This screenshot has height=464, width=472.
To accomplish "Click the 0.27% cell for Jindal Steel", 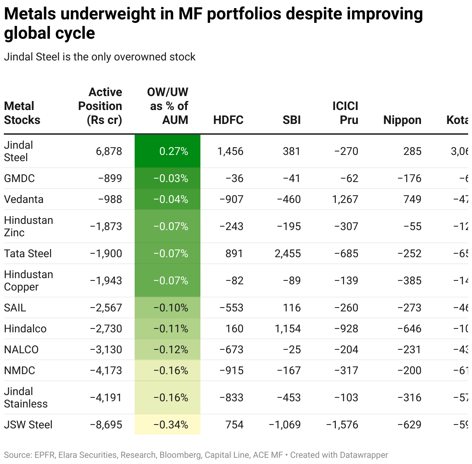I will coord(173,151).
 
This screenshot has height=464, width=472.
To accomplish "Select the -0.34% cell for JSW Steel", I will coord(171,424).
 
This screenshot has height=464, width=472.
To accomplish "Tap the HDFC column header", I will coord(228,120).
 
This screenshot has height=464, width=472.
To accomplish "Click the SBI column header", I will coord(291,120).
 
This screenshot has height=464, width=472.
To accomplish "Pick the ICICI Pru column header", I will coord(345,113).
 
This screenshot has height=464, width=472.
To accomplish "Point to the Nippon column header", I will coord(402,120).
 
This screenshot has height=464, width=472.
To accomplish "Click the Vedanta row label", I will coord(24,199).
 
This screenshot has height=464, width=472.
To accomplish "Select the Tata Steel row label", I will coord(28,253).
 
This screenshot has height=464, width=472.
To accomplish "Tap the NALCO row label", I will coord(21,349).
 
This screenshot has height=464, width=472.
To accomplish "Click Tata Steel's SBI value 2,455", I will coord(287,253).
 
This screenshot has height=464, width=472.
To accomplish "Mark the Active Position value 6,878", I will coord(109,151).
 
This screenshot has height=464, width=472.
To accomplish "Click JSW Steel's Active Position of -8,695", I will coord(106,424).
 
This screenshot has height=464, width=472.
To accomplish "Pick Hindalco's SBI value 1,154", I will coord(287,328).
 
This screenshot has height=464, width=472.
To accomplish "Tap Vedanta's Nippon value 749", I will coord(412,199).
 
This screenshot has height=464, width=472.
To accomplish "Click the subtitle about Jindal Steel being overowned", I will coord(99,57).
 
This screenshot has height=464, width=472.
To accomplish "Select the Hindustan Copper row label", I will coord(28,280).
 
